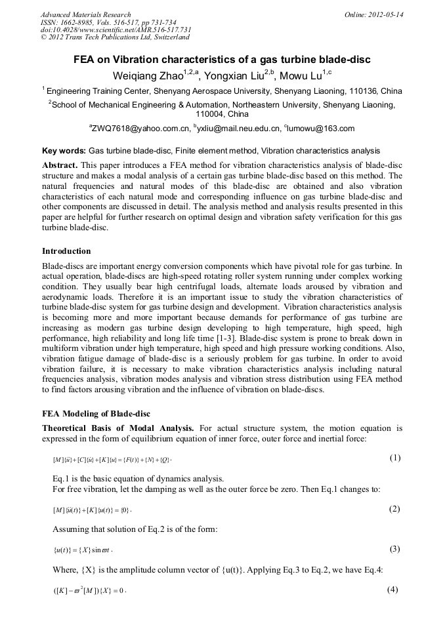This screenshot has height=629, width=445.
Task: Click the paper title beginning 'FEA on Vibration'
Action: click(222, 60)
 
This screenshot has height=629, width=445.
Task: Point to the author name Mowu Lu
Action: click(305, 75)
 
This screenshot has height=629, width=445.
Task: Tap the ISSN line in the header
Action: click(108, 22)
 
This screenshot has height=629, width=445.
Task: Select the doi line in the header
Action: click(116, 30)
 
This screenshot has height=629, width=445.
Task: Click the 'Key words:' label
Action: click(64, 151)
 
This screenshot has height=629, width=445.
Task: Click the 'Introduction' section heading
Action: click(66, 251)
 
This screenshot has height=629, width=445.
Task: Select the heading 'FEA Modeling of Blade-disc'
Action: click(96, 414)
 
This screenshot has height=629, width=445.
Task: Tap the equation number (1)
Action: click(394, 458)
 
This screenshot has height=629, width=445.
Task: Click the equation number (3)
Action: click(394, 549)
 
